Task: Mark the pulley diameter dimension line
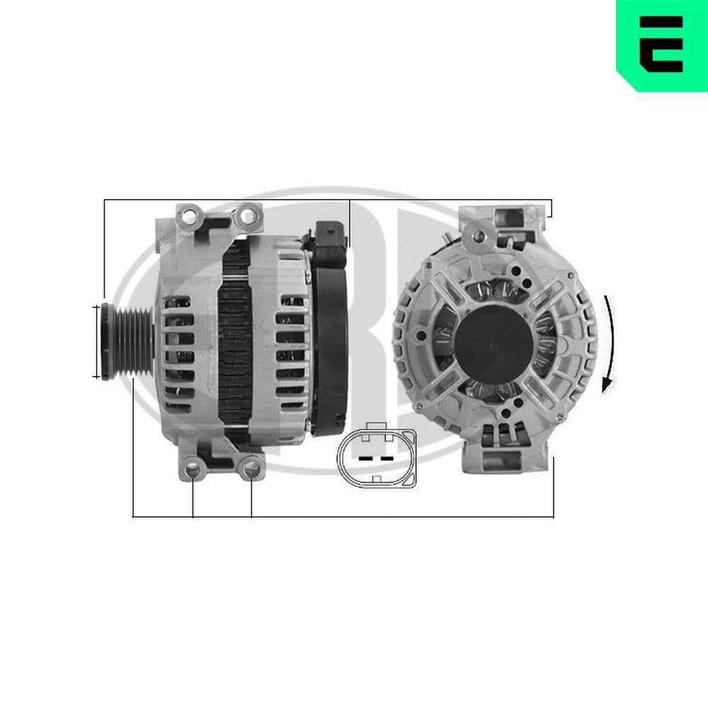[x=96, y=341]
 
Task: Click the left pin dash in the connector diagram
[x=365, y=458]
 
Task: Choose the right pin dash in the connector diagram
[x=387, y=458]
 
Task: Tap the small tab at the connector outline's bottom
[x=376, y=479]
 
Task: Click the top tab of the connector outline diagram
[x=376, y=427]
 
